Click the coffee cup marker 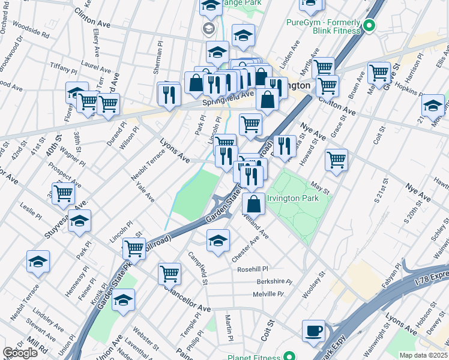[x=313, y=331]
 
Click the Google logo [x=20, y=353]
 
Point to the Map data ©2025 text [x=423, y=355]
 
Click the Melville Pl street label [x=267, y=294]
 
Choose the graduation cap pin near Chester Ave [x=217, y=241]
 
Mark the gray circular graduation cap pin [x=208, y=28]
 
